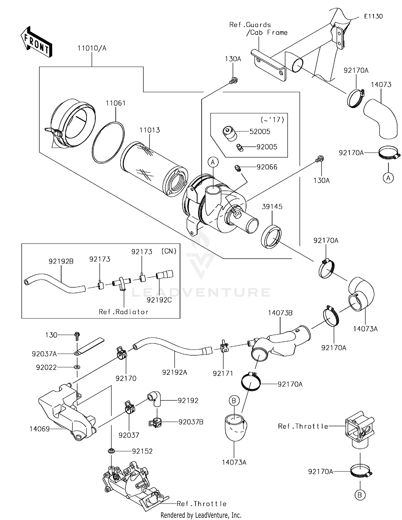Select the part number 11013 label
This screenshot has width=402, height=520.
(149, 130)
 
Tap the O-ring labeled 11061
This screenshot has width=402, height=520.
(108, 142)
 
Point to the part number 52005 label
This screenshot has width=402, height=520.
(260, 131)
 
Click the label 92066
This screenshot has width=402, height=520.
(267, 167)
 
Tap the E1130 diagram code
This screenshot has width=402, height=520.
(373, 16)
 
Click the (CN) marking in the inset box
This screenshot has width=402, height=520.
(169, 251)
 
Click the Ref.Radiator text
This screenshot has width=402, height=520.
(124, 312)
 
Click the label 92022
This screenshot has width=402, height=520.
(46, 367)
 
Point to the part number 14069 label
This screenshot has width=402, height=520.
(39, 429)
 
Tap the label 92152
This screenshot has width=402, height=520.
(142, 451)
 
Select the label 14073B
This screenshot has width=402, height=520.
(280, 313)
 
